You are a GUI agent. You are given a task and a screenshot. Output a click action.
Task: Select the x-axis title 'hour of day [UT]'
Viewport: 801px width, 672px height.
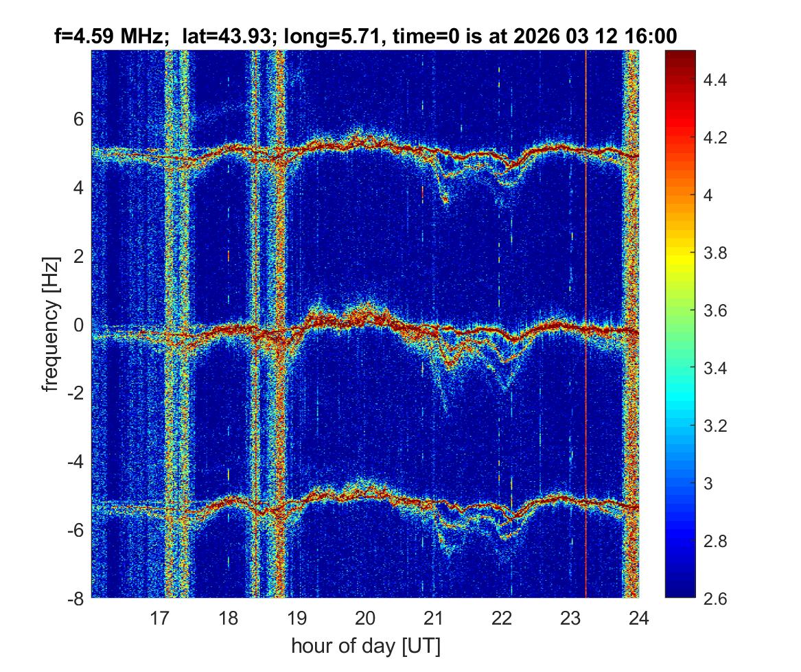click(365, 646)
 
